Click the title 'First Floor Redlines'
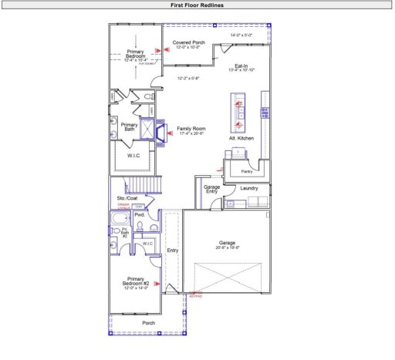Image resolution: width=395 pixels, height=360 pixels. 197,5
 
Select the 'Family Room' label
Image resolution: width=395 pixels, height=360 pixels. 191,128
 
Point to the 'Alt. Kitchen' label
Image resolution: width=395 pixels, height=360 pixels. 241,138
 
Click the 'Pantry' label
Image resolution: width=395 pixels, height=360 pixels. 247,171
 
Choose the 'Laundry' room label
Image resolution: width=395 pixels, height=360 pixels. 248,188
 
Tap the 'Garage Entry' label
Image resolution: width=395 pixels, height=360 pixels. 212,190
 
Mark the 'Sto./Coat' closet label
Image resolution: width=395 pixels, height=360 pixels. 127,198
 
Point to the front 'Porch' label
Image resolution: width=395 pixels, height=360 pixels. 149,323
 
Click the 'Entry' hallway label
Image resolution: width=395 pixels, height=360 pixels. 172,251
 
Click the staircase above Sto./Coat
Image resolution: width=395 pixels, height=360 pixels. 143,185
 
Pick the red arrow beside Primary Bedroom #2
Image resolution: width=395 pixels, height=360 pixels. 157,284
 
